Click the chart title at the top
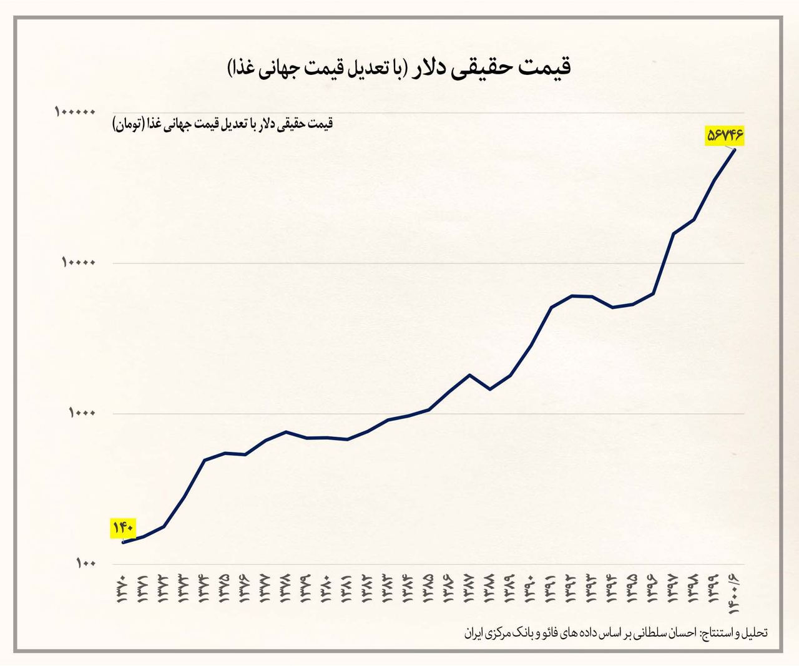pos(399,67)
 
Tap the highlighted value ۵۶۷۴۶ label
pos(726,134)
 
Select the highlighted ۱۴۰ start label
pos(123,528)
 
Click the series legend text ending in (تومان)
pos(223,124)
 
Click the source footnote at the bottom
pos(615,633)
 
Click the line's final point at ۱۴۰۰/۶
pos(735,150)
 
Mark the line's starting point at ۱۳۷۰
pos(123,542)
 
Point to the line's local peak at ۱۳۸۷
pos(469,375)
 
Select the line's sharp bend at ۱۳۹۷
pos(673,233)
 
